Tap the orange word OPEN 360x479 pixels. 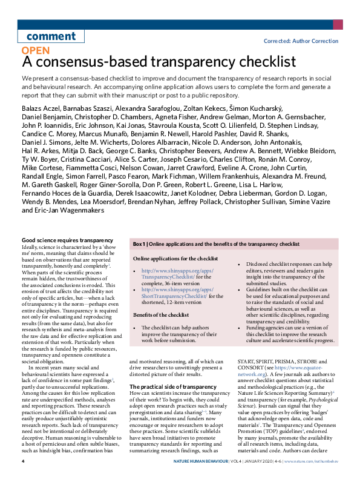(36, 51)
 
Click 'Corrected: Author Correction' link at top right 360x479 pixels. (301, 41)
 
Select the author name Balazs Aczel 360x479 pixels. (42, 108)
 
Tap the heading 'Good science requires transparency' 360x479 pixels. (67, 241)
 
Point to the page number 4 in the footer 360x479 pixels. (23, 461)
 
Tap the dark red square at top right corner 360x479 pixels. (339, 24)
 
